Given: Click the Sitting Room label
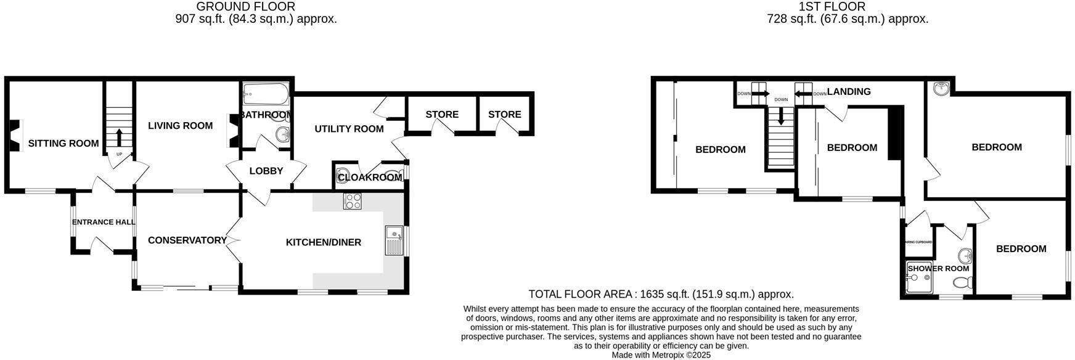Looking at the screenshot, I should [63, 144].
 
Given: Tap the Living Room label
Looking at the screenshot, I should [180, 126].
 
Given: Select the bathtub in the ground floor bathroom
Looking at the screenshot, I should [266, 94].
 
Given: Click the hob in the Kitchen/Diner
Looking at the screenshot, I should [353, 202].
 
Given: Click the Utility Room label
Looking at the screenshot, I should [349, 129].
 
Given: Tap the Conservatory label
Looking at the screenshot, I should [187, 240].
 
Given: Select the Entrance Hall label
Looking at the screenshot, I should [104, 223].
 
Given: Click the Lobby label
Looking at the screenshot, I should [266, 171].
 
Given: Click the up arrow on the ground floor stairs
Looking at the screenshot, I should [119, 136].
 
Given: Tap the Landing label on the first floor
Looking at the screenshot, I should [849, 92].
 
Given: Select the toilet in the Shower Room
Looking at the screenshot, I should [962, 283].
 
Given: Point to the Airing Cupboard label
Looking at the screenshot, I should [918, 242].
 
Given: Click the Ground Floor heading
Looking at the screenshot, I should [245, 7].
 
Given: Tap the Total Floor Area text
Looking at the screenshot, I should [661, 295].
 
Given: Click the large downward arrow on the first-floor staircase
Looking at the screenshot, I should [781, 115].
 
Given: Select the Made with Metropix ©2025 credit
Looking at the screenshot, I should [661, 355].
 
